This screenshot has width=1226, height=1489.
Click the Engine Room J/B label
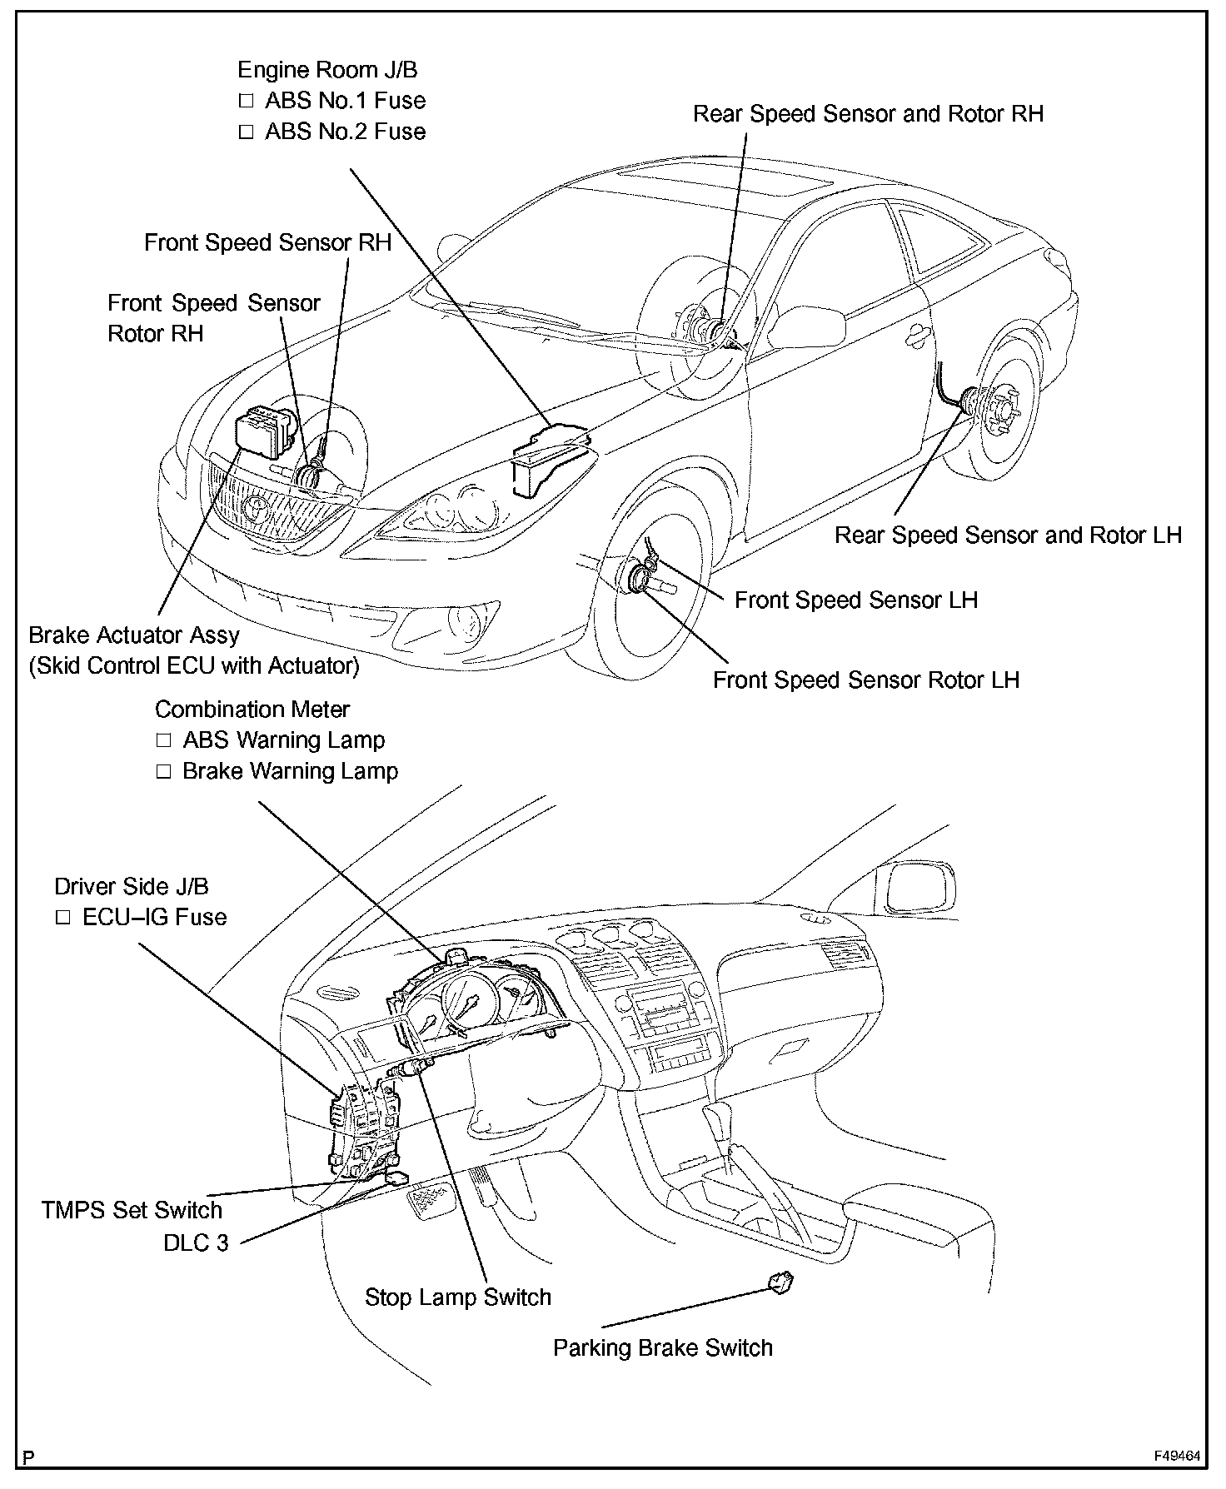tap(327, 70)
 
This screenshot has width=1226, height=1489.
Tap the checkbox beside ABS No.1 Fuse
tap(246, 101)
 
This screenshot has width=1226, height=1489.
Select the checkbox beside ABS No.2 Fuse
tap(246, 132)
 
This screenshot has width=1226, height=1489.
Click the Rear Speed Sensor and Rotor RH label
tap(868, 114)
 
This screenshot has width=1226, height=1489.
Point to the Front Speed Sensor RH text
tap(267, 243)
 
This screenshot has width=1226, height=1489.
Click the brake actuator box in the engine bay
tap(264, 431)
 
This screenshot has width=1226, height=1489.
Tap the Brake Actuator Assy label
tap(133, 635)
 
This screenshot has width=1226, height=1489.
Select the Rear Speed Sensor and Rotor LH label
tap(1008, 535)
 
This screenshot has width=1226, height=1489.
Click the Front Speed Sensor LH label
tap(855, 600)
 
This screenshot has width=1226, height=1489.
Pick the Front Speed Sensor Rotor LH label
tap(865, 680)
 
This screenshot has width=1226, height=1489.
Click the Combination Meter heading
tap(252, 710)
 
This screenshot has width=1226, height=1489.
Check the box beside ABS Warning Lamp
tap(163, 740)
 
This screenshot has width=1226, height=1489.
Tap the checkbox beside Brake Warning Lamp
tap(163, 771)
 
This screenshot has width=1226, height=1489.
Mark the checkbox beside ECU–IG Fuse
tap(63, 918)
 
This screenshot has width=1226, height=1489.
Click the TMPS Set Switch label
tap(132, 1210)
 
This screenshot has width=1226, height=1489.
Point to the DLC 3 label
tap(196, 1243)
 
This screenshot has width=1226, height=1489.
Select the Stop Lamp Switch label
tap(458, 1297)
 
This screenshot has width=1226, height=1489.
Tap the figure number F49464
tap(1177, 1457)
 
